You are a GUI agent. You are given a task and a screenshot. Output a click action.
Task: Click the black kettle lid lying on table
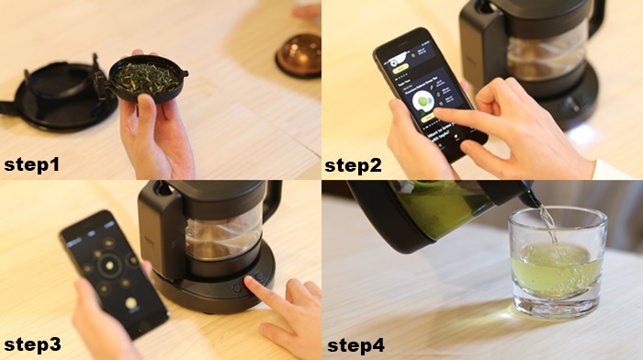point(55,92)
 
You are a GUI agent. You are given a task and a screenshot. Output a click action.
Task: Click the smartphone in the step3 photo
point(113,271)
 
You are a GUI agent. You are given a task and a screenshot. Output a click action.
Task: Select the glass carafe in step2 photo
point(542,55)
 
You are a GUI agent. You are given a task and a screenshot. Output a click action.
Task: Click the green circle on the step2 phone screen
point(423,101)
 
